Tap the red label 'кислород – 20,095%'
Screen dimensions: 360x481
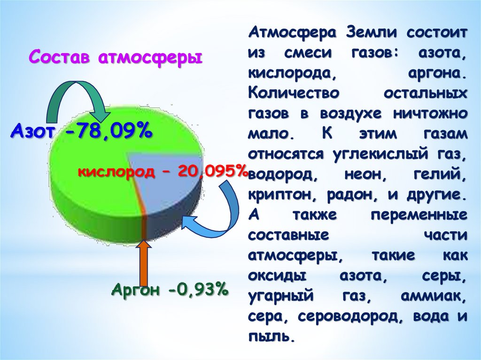click(163, 172)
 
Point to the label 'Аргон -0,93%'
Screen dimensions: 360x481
click(170, 290)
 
